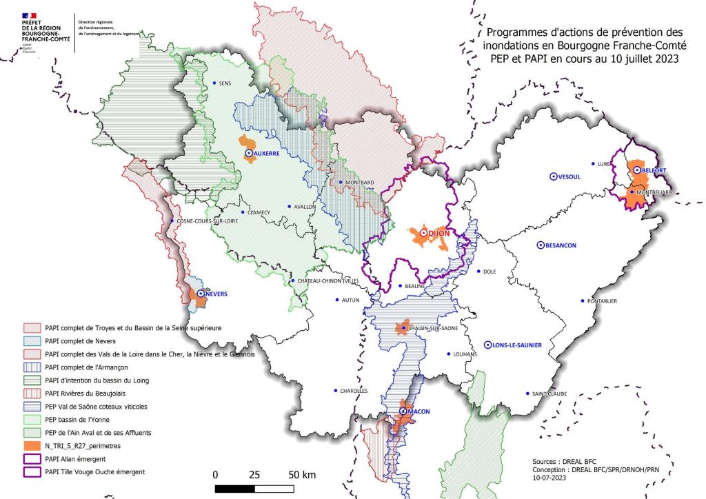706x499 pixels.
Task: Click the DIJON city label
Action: point(438,234)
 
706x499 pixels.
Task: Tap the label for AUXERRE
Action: point(266,154)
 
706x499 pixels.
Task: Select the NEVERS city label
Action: point(216,294)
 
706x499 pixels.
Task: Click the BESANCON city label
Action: point(560,245)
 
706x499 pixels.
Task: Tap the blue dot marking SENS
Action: point(214,83)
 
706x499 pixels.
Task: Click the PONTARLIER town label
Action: point(602,301)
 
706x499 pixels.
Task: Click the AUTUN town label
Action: point(351,301)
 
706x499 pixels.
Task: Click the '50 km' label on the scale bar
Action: point(301,475)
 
